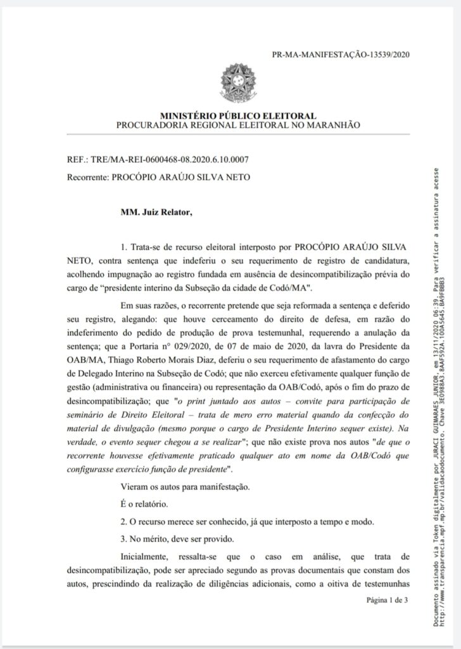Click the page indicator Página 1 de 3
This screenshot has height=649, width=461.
(x=387, y=600)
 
